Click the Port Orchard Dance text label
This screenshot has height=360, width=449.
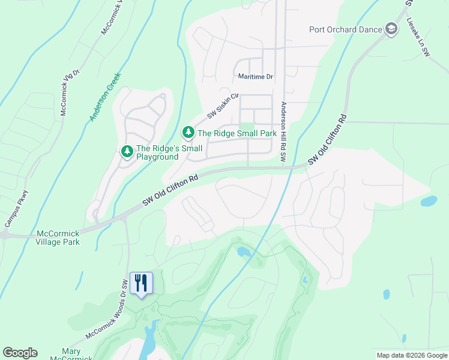point(345,29)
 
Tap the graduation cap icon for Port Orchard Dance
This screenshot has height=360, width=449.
point(391,29)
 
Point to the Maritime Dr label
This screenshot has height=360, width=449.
point(255,77)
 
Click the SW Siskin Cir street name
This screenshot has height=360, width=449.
point(223,106)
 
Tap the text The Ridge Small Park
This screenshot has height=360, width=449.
point(237,133)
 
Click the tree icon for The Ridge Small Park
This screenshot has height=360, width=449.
point(188,132)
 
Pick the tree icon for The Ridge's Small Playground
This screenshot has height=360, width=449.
point(127,152)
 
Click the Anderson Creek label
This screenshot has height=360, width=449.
point(106,97)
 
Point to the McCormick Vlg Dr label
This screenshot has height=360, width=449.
point(70,92)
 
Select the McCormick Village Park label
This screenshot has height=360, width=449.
point(58,238)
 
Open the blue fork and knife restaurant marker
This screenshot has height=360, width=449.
point(141,283)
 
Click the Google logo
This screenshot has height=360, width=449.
point(20,353)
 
